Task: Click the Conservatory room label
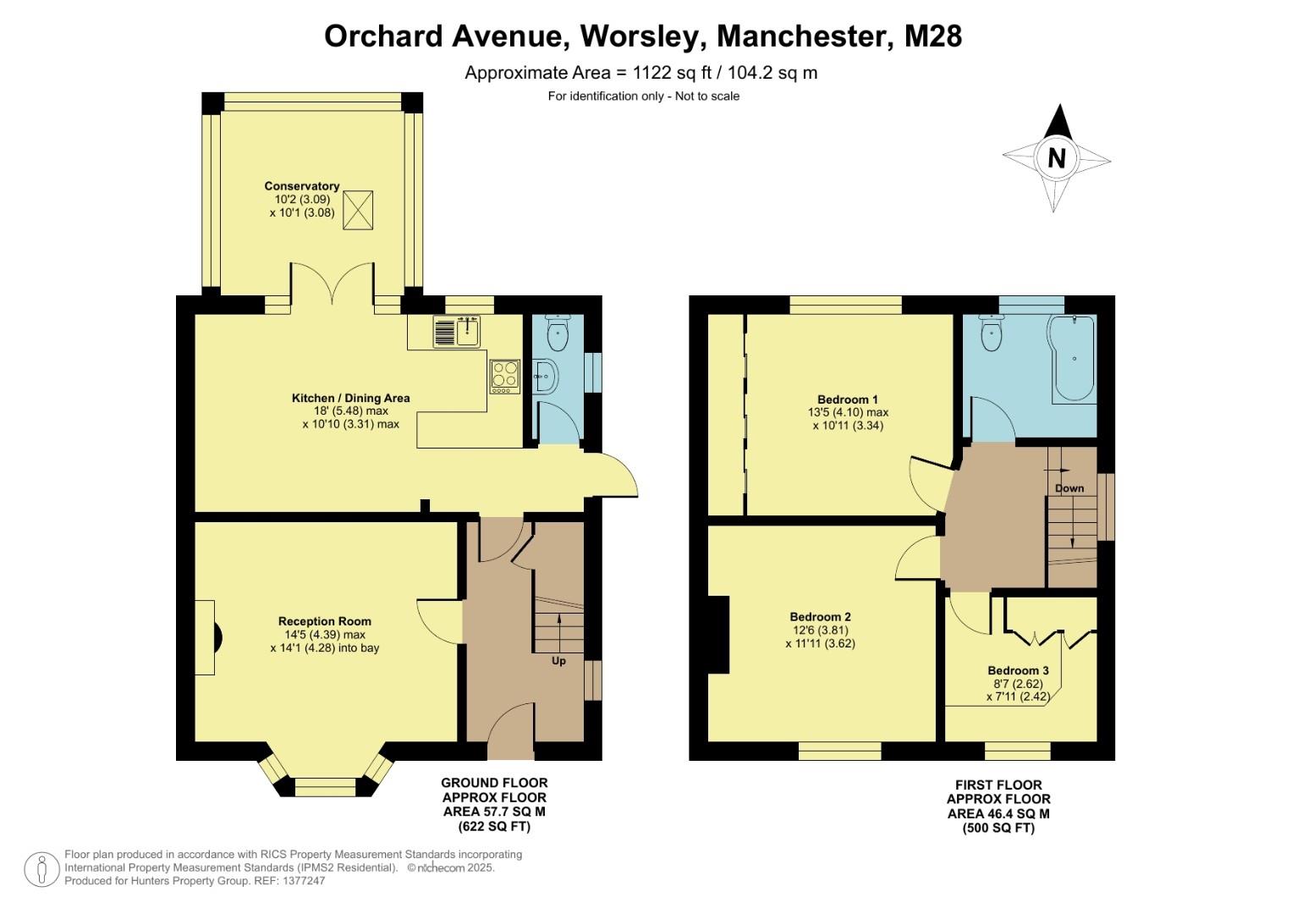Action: tap(301, 186)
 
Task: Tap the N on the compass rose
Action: tap(1056, 158)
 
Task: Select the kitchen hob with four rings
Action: tap(504, 376)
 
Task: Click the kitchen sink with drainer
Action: tap(457, 331)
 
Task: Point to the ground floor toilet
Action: tap(558, 333)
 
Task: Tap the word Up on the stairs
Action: tap(558, 661)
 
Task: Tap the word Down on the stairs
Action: tap(1069, 488)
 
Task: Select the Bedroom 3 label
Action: tap(1018, 671)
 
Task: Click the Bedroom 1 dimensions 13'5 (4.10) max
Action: tap(848, 413)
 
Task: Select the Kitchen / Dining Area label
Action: tap(350, 398)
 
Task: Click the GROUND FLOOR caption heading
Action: tap(494, 783)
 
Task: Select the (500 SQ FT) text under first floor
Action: tap(998, 829)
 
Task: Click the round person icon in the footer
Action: tap(41, 869)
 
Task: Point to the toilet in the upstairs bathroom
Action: tap(991, 333)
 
